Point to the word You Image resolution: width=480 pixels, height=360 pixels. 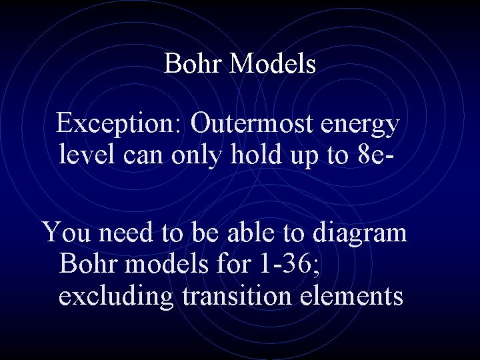(x=65, y=233)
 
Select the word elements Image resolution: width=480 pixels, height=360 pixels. (x=354, y=295)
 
